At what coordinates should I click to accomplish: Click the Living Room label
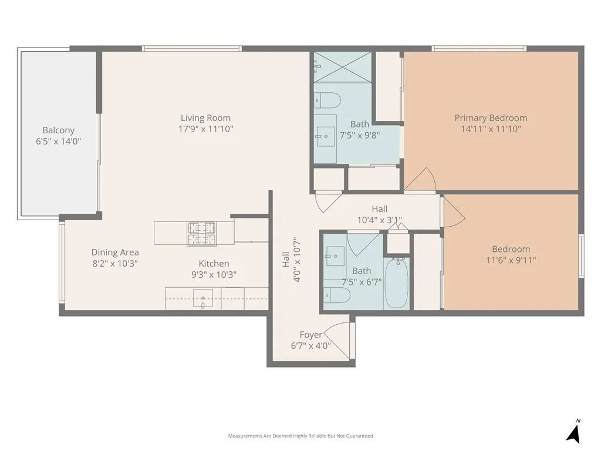coord(205,117)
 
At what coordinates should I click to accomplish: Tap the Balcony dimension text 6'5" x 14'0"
coord(58,141)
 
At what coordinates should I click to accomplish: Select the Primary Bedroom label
coord(491,117)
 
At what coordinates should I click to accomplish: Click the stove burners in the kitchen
coord(201,233)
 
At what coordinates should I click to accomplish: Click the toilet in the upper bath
coord(327,100)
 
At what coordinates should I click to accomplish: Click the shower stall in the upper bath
coord(343,67)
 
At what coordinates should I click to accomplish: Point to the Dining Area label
coord(115,253)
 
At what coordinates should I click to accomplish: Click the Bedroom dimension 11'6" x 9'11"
coord(511,260)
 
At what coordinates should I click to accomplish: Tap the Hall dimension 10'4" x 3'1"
coord(379,220)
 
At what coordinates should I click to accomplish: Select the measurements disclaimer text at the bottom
coord(300,436)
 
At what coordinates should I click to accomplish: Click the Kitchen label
coord(214,264)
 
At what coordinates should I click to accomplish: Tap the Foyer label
coord(310,335)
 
